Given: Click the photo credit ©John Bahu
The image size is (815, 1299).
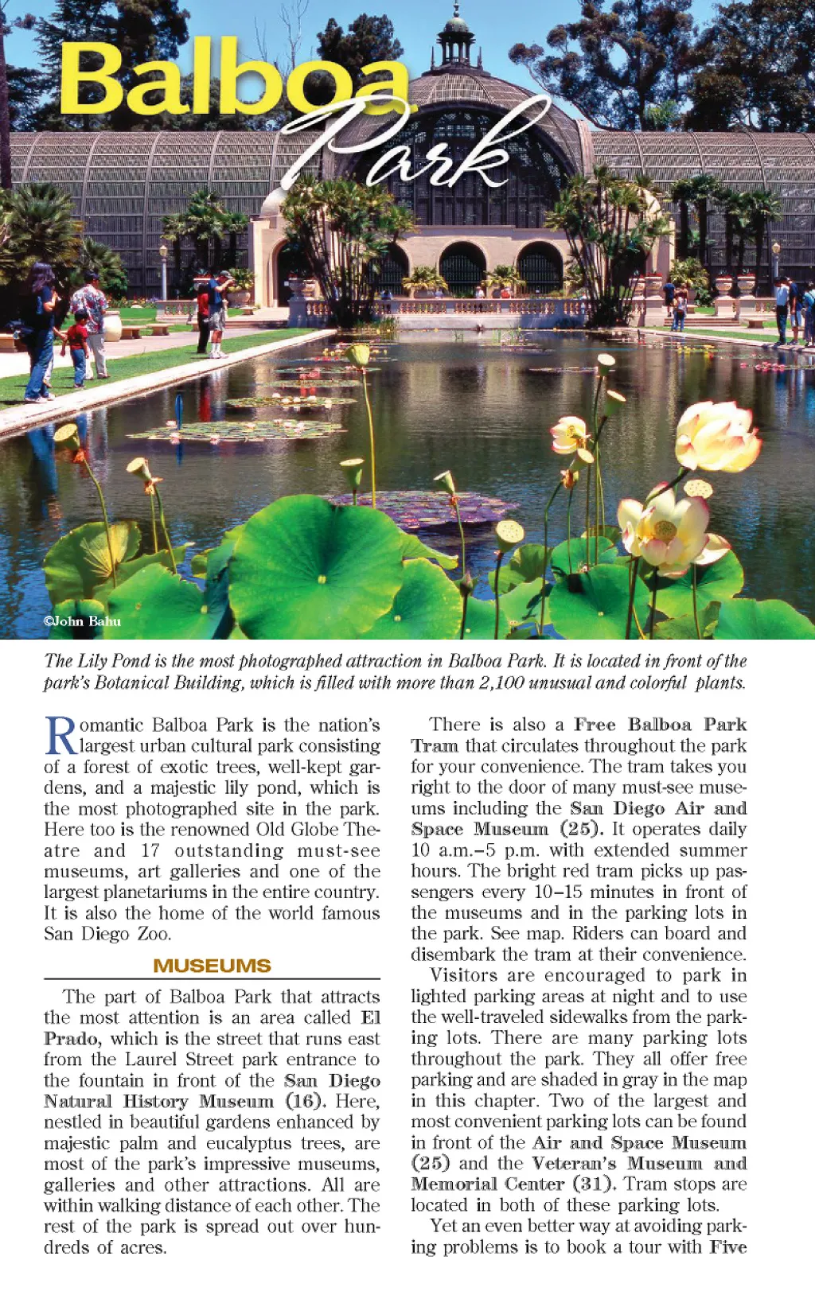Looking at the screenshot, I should pos(82,621).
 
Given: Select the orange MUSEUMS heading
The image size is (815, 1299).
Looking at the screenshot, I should pos(212,966).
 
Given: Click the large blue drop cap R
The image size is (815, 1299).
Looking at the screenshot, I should pos(60,736).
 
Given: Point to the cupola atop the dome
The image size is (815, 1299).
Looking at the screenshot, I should pos(456,36).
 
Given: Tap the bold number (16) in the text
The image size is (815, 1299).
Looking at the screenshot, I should pos(306,1101).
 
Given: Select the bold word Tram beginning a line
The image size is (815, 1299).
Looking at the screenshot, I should pos(435,745).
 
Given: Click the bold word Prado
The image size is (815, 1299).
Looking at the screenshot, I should pos(72,1039).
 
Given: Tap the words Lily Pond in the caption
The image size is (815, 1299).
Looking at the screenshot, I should pos(111,661).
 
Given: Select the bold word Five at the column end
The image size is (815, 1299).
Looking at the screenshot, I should pos(727,1246).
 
